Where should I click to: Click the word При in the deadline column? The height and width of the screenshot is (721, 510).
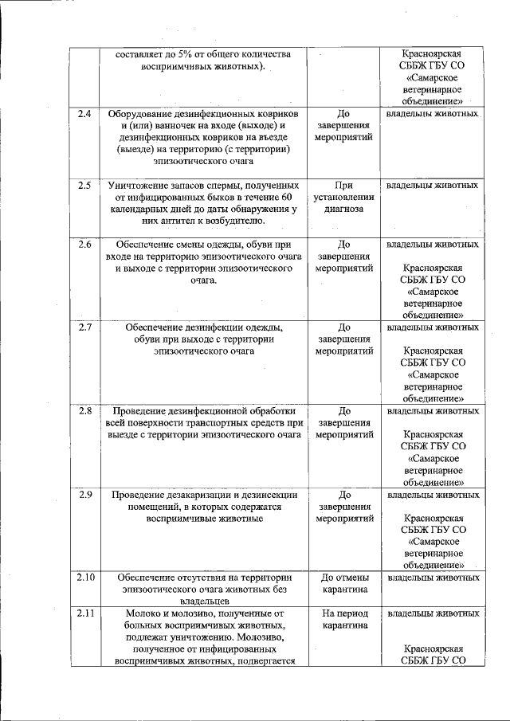pyautogui.click(x=344, y=186)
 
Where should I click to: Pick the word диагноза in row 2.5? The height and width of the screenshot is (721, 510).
pyautogui.click(x=344, y=210)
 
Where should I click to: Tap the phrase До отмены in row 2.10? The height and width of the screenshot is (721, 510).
pyautogui.click(x=344, y=578)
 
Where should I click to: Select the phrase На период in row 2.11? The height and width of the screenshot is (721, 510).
pyautogui.click(x=344, y=613)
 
